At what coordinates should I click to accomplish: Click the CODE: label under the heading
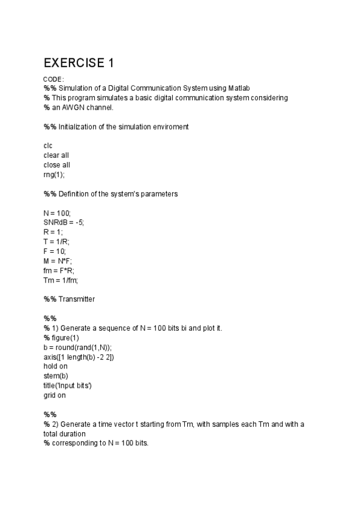[x=54, y=79]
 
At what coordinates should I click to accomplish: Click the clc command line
[x=48, y=146]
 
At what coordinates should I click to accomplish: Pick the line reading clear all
[x=56, y=155]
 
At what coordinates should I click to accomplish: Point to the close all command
[x=57, y=165]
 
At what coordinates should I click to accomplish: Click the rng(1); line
[x=54, y=175]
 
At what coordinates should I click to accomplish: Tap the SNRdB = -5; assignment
[x=64, y=222]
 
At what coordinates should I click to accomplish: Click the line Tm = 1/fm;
[x=61, y=280]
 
